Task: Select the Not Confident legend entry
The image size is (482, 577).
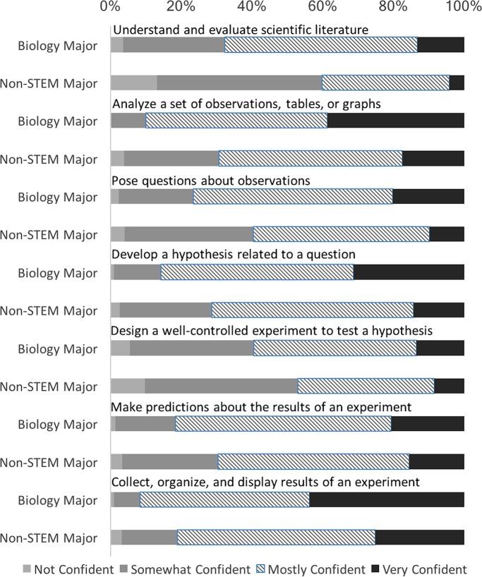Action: tap(68, 569)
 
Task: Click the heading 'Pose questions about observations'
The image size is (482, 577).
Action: tap(211, 181)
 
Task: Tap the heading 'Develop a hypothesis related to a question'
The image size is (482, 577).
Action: tap(234, 253)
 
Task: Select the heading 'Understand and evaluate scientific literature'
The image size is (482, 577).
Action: tap(241, 30)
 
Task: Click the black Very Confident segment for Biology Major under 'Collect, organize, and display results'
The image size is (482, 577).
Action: tap(387, 500)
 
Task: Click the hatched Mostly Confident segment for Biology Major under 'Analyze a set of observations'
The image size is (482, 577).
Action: tap(236, 121)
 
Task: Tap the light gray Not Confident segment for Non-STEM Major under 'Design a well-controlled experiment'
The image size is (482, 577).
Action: tap(128, 386)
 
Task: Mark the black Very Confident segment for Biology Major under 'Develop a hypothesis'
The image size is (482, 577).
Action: tap(409, 272)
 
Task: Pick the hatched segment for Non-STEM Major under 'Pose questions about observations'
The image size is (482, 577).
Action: tap(341, 234)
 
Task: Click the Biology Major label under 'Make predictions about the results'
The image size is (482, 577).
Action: tap(58, 425)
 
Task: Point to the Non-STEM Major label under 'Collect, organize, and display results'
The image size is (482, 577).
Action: tap(49, 538)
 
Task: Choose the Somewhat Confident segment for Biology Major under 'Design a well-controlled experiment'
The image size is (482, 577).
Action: tap(191, 348)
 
